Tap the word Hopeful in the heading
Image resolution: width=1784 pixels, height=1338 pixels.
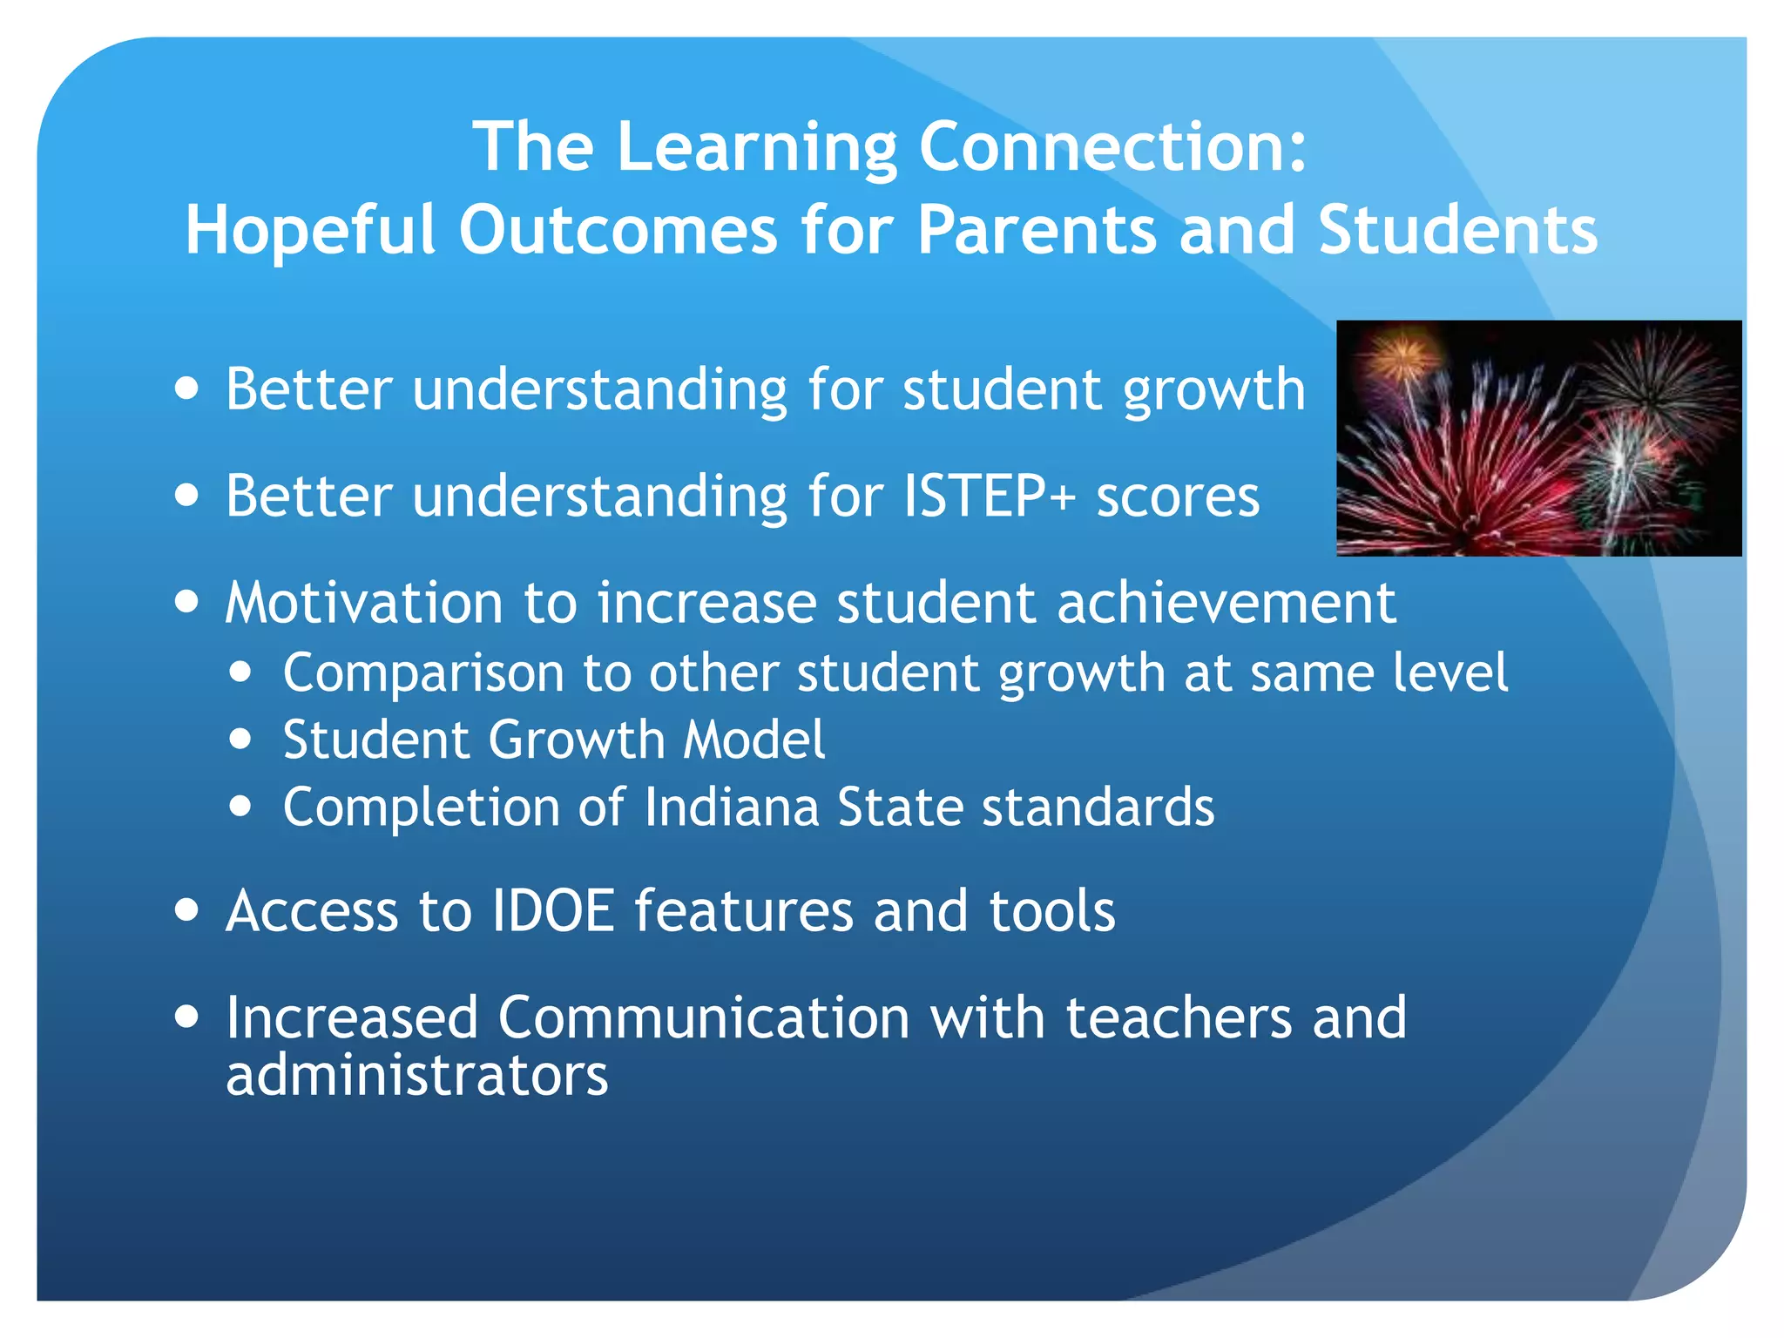click(x=309, y=230)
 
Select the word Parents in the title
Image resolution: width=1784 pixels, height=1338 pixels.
click(x=1037, y=230)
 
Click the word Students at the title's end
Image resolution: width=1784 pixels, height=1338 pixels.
click(x=1457, y=230)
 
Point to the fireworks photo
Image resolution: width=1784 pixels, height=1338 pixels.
click(x=1538, y=438)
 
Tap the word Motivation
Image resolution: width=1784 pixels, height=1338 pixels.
click(x=364, y=603)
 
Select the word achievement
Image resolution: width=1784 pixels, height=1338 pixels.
click(x=1226, y=603)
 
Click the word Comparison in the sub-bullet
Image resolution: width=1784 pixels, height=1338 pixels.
click(x=423, y=673)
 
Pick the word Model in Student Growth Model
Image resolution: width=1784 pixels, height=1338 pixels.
click(x=754, y=740)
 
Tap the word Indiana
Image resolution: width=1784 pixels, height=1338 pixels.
click(x=732, y=808)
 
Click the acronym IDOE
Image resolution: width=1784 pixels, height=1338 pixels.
click(x=554, y=911)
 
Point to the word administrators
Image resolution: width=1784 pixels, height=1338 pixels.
click(x=416, y=1076)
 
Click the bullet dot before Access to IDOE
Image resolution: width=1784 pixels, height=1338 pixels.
click(x=186, y=910)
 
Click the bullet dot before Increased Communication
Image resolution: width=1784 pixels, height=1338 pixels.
click(x=186, y=1017)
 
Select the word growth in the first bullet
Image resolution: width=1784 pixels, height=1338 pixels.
click(x=1214, y=390)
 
